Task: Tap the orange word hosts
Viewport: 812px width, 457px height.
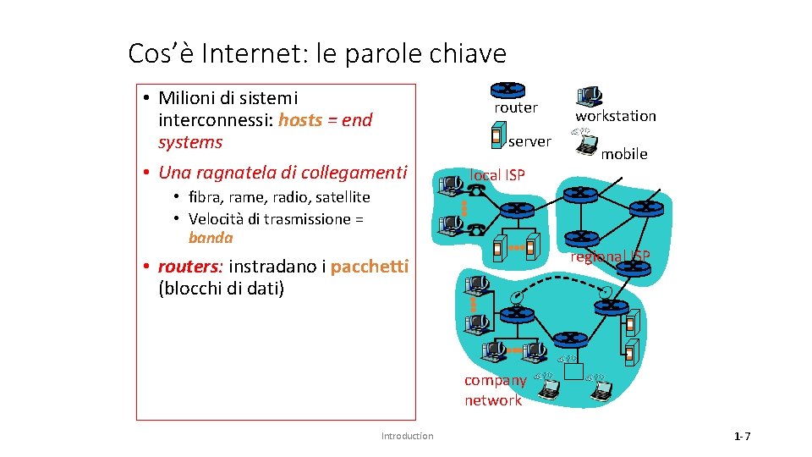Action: click(300, 120)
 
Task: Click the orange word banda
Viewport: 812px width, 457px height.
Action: click(211, 238)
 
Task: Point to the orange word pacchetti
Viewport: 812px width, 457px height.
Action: click(370, 267)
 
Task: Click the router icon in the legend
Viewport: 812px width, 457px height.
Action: click(507, 88)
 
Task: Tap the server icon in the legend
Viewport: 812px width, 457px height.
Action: click(497, 134)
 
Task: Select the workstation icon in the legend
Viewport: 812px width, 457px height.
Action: click(590, 96)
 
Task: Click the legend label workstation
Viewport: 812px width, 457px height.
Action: click(616, 116)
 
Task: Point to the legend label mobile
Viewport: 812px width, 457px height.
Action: click(624, 154)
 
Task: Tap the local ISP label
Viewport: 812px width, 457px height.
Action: click(497, 175)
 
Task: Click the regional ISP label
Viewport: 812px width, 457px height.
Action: click(610, 256)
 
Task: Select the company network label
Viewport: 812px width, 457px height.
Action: click(494, 390)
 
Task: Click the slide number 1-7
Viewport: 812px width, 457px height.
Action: click(742, 437)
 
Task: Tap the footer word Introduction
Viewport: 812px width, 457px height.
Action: click(407, 436)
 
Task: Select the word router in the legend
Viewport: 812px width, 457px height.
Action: click(516, 107)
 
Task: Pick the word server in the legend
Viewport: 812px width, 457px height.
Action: click(529, 141)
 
